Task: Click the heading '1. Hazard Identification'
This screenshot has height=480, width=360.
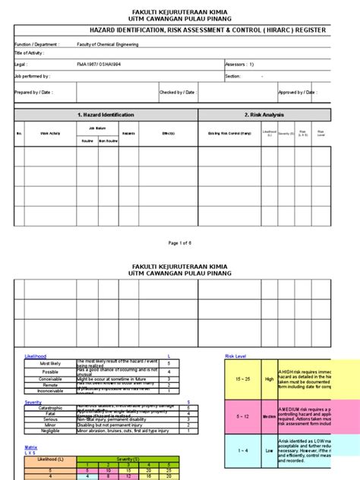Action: (x=106, y=115)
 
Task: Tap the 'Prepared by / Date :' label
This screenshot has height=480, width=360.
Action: (x=34, y=92)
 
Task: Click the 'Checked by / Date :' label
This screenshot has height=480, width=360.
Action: (x=177, y=92)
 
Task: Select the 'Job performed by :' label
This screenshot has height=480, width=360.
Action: (x=32, y=76)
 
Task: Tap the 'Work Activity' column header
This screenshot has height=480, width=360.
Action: (x=50, y=134)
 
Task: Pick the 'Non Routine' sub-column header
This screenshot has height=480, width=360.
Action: (x=108, y=141)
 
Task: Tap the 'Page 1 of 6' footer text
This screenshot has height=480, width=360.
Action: (x=180, y=243)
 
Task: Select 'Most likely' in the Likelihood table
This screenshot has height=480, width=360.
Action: (x=50, y=363)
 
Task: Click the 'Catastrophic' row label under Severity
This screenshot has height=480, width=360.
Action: (x=50, y=408)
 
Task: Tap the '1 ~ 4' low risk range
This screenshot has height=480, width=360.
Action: (x=244, y=450)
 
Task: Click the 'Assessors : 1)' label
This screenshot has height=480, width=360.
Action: (x=240, y=65)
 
